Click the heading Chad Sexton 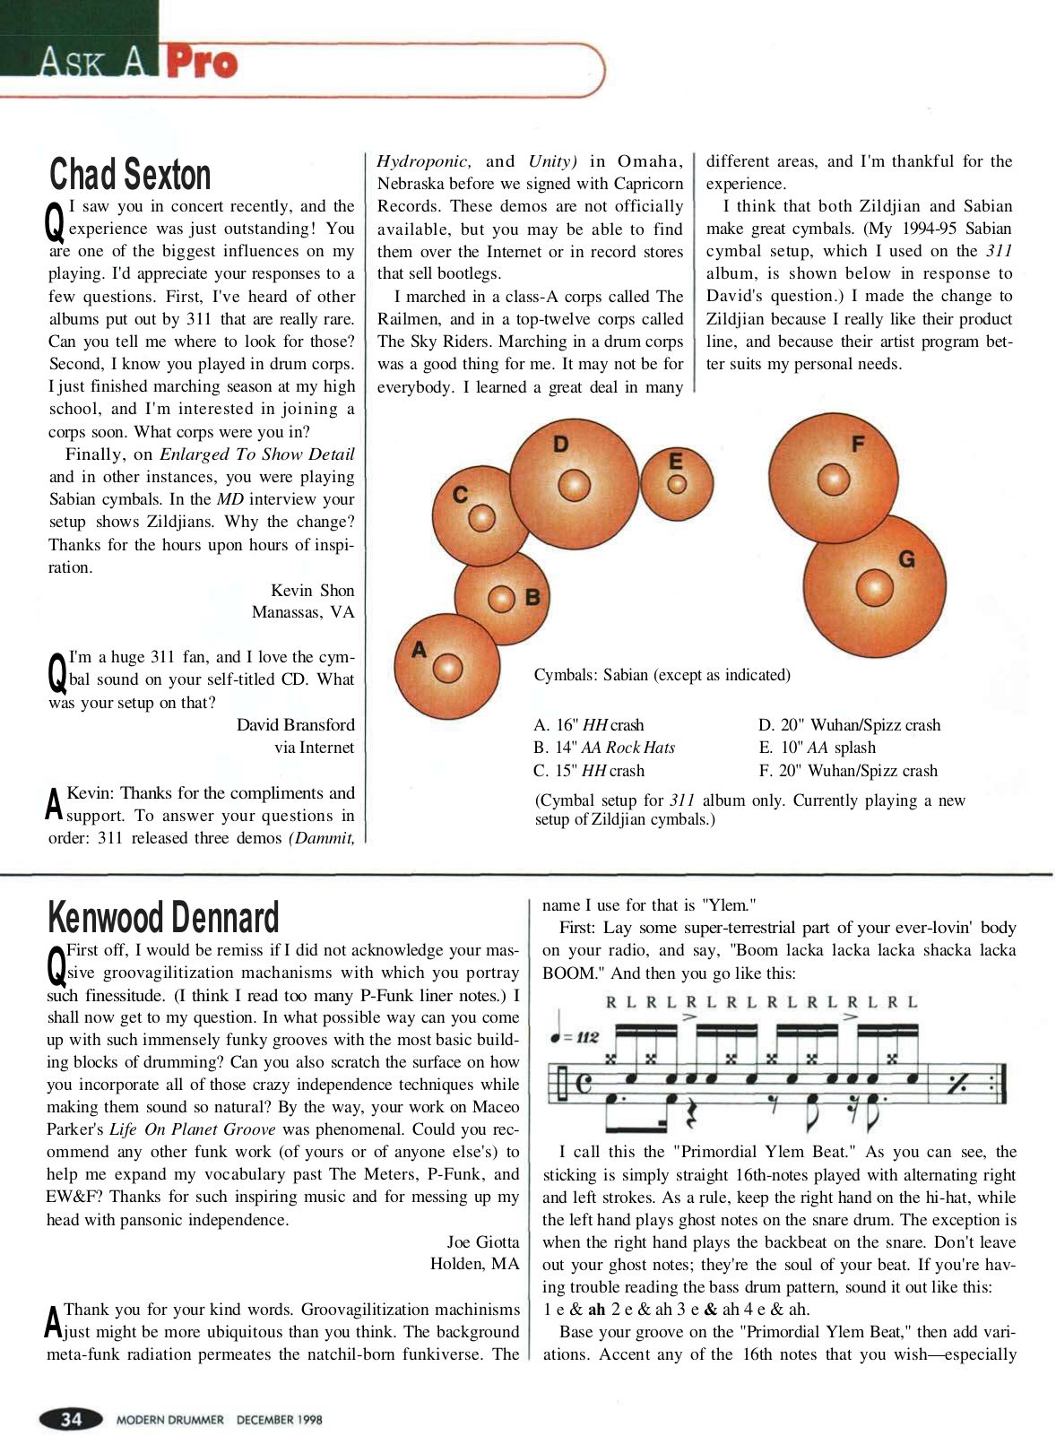[130, 175]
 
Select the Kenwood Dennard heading [163, 918]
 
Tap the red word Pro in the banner [202, 63]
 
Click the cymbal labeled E [677, 484]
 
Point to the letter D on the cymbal [561, 444]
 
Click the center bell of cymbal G [874, 589]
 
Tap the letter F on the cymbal [858, 444]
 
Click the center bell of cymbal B [500, 599]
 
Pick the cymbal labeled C [480, 517]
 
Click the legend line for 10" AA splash [817, 748]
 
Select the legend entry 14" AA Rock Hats [604, 748]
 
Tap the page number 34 [71, 1419]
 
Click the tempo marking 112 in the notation [586, 1037]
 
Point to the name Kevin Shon [313, 590]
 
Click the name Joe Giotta [483, 1241]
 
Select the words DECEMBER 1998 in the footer [279, 1420]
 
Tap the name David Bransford [296, 724]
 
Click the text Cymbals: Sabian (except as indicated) [662, 675]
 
